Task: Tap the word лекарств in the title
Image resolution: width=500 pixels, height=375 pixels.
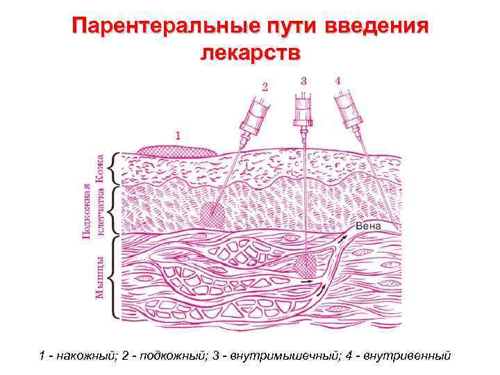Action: click(x=250, y=53)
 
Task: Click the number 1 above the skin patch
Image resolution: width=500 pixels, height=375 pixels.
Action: click(x=177, y=135)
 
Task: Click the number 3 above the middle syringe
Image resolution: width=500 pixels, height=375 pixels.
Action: click(x=303, y=80)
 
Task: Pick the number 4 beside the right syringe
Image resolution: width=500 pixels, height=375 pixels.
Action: click(x=337, y=80)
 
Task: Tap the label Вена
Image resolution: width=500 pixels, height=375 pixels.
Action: click(x=367, y=226)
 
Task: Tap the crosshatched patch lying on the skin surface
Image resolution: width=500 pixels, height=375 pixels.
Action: click(x=177, y=151)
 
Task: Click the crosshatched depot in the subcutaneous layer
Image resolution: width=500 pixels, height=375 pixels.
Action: click(x=211, y=214)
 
